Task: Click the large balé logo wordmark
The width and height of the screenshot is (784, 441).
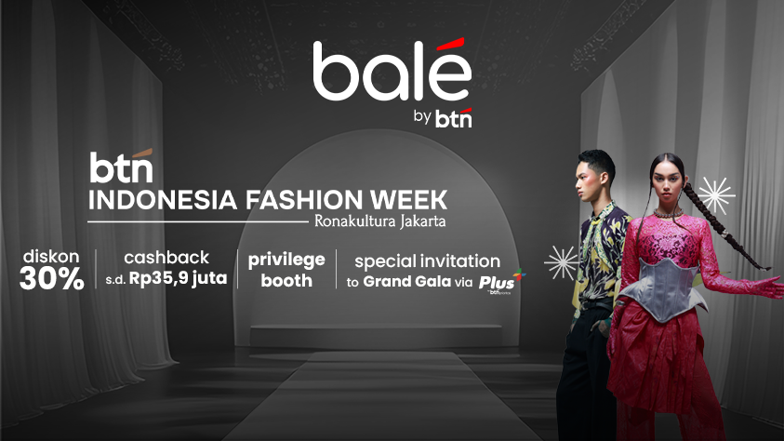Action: click(392, 70)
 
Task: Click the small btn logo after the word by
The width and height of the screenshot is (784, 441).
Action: click(454, 118)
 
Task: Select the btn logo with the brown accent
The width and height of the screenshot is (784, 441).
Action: click(122, 166)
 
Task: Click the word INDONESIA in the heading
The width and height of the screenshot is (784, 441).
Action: click(163, 200)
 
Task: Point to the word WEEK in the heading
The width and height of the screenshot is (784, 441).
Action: click(408, 200)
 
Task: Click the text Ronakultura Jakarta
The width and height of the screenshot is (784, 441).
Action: click(380, 221)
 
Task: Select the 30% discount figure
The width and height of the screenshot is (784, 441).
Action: click(51, 279)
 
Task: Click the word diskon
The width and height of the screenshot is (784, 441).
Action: click(51, 257)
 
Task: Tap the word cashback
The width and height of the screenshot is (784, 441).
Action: click(166, 258)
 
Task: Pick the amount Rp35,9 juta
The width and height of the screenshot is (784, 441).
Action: click(178, 278)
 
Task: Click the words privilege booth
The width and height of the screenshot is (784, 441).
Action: click(286, 270)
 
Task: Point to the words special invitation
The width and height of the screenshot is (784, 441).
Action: click(428, 261)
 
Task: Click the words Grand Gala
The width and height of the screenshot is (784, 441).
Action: click(407, 282)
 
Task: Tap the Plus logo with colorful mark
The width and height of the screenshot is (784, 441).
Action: click(500, 281)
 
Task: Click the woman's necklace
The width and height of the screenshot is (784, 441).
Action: click(668, 213)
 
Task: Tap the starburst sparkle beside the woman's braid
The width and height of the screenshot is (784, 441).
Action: click(716, 195)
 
